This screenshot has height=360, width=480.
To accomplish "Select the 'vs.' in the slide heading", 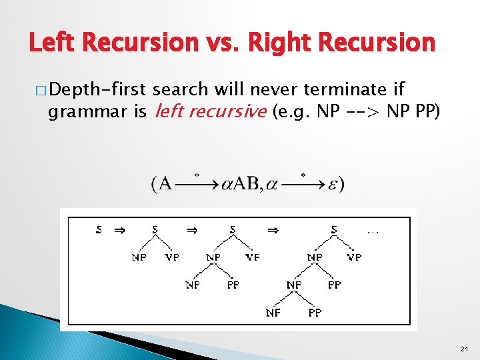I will pos(225,43).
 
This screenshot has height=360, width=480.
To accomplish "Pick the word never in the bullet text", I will pos(279,89).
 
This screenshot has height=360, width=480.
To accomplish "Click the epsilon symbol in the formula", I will pos(331,184).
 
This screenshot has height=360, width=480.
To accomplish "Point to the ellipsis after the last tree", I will pos(373,231).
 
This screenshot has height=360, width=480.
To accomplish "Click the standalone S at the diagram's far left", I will pos(99,231).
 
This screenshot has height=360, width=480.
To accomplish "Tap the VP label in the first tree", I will pos(172,257).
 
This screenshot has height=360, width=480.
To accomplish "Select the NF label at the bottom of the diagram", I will pos(273,312).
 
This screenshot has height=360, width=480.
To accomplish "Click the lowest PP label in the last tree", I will pos(315,312).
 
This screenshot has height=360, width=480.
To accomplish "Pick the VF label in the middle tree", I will pos(253,257).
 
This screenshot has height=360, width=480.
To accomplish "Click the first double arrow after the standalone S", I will pos(119,231).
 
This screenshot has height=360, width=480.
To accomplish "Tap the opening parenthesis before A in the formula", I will pos(155,184).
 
